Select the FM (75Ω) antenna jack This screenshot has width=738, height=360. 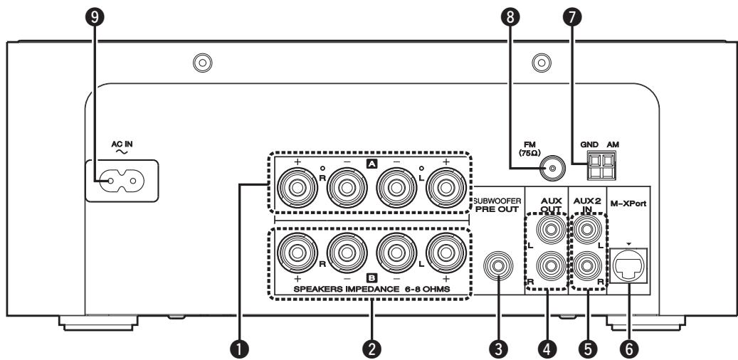549,169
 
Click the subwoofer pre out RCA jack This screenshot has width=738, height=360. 497,268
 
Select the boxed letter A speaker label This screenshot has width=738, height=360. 370,164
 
